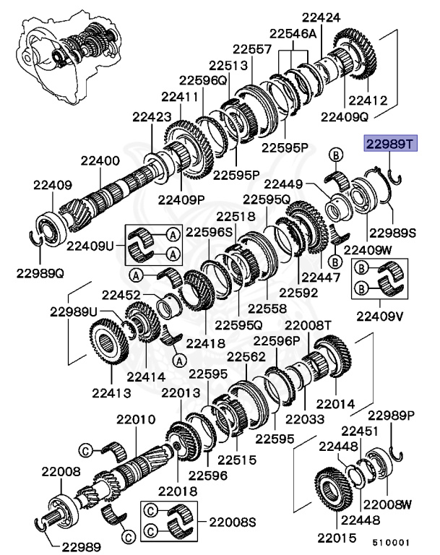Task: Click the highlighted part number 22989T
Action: (389, 145)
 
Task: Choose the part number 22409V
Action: (378, 315)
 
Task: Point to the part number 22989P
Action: (391, 416)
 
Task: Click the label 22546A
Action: (293, 34)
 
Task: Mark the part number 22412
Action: (368, 101)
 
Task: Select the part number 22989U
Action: (73, 311)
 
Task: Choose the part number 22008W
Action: (387, 504)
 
